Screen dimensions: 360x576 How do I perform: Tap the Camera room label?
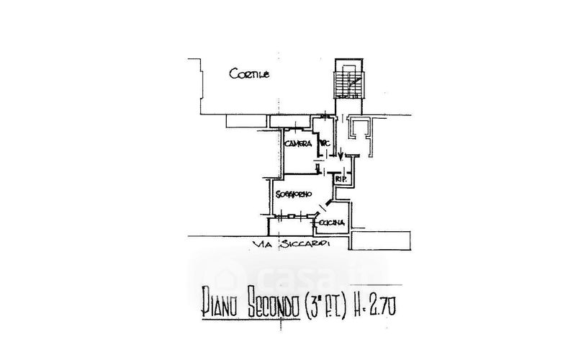pyautogui.click(x=297, y=144)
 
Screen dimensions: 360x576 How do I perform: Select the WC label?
pyautogui.click(x=324, y=144)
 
